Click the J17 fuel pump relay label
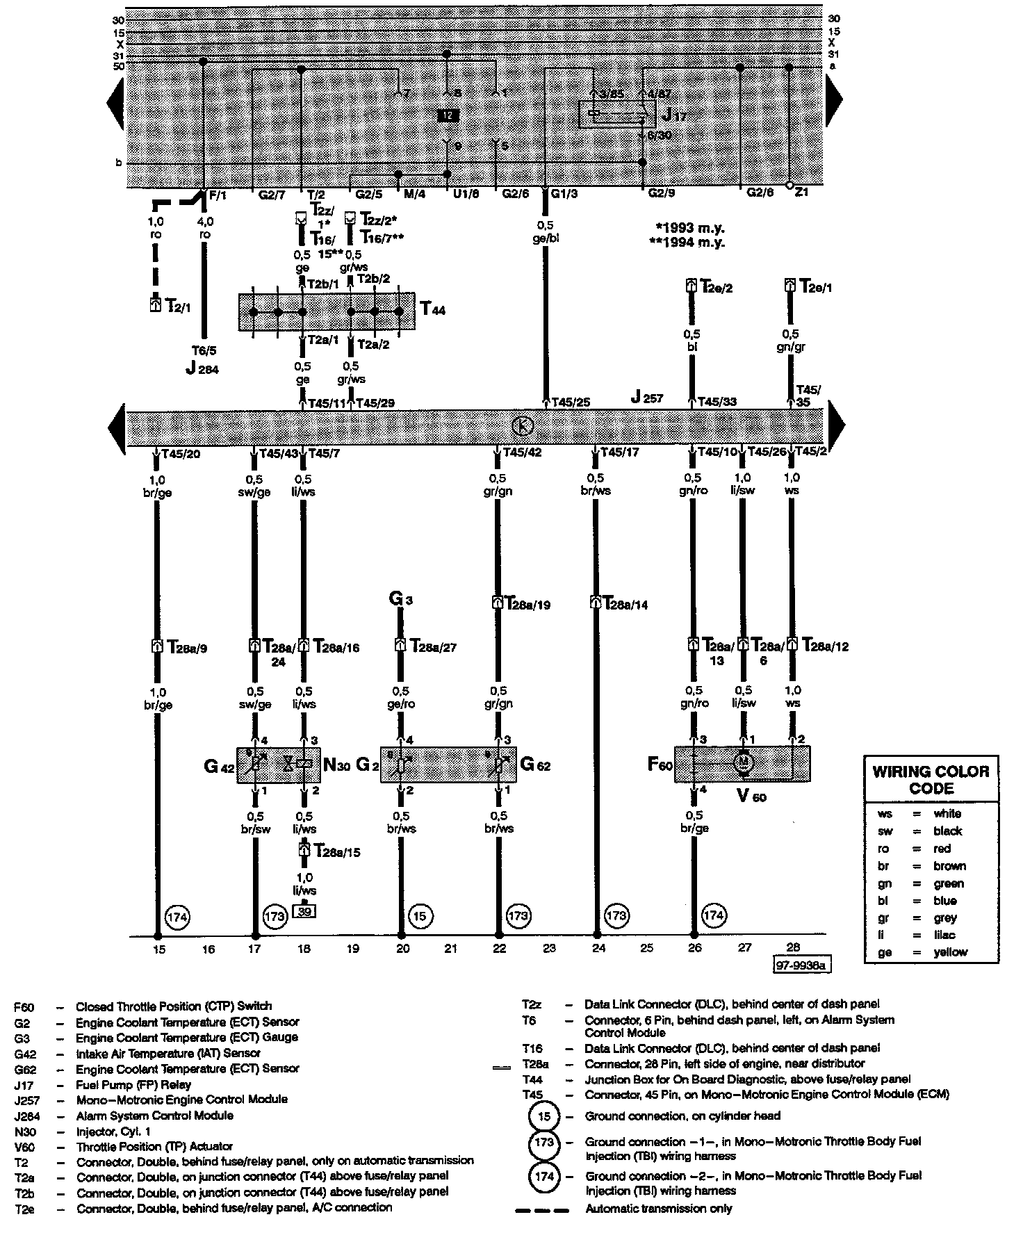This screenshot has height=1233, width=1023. point(673,114)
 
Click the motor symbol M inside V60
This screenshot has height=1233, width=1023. point(744,762)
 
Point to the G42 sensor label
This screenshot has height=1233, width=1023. point(220,766)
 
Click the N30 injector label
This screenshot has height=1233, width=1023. point(337,765)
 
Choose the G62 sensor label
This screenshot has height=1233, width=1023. point(535,765)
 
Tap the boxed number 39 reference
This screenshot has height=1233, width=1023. point(304,911)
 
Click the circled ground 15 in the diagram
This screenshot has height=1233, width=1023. point(419,917)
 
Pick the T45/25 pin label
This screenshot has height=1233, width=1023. point(570,402)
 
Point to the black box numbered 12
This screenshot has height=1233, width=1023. point(448,115)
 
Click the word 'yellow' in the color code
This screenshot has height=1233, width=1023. point(950,952)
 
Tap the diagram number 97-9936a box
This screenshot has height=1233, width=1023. point(801,965)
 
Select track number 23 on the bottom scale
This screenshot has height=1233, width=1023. point(549,948)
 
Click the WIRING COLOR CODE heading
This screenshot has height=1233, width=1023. point(931,780)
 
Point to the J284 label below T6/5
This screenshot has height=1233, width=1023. point(202,368)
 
